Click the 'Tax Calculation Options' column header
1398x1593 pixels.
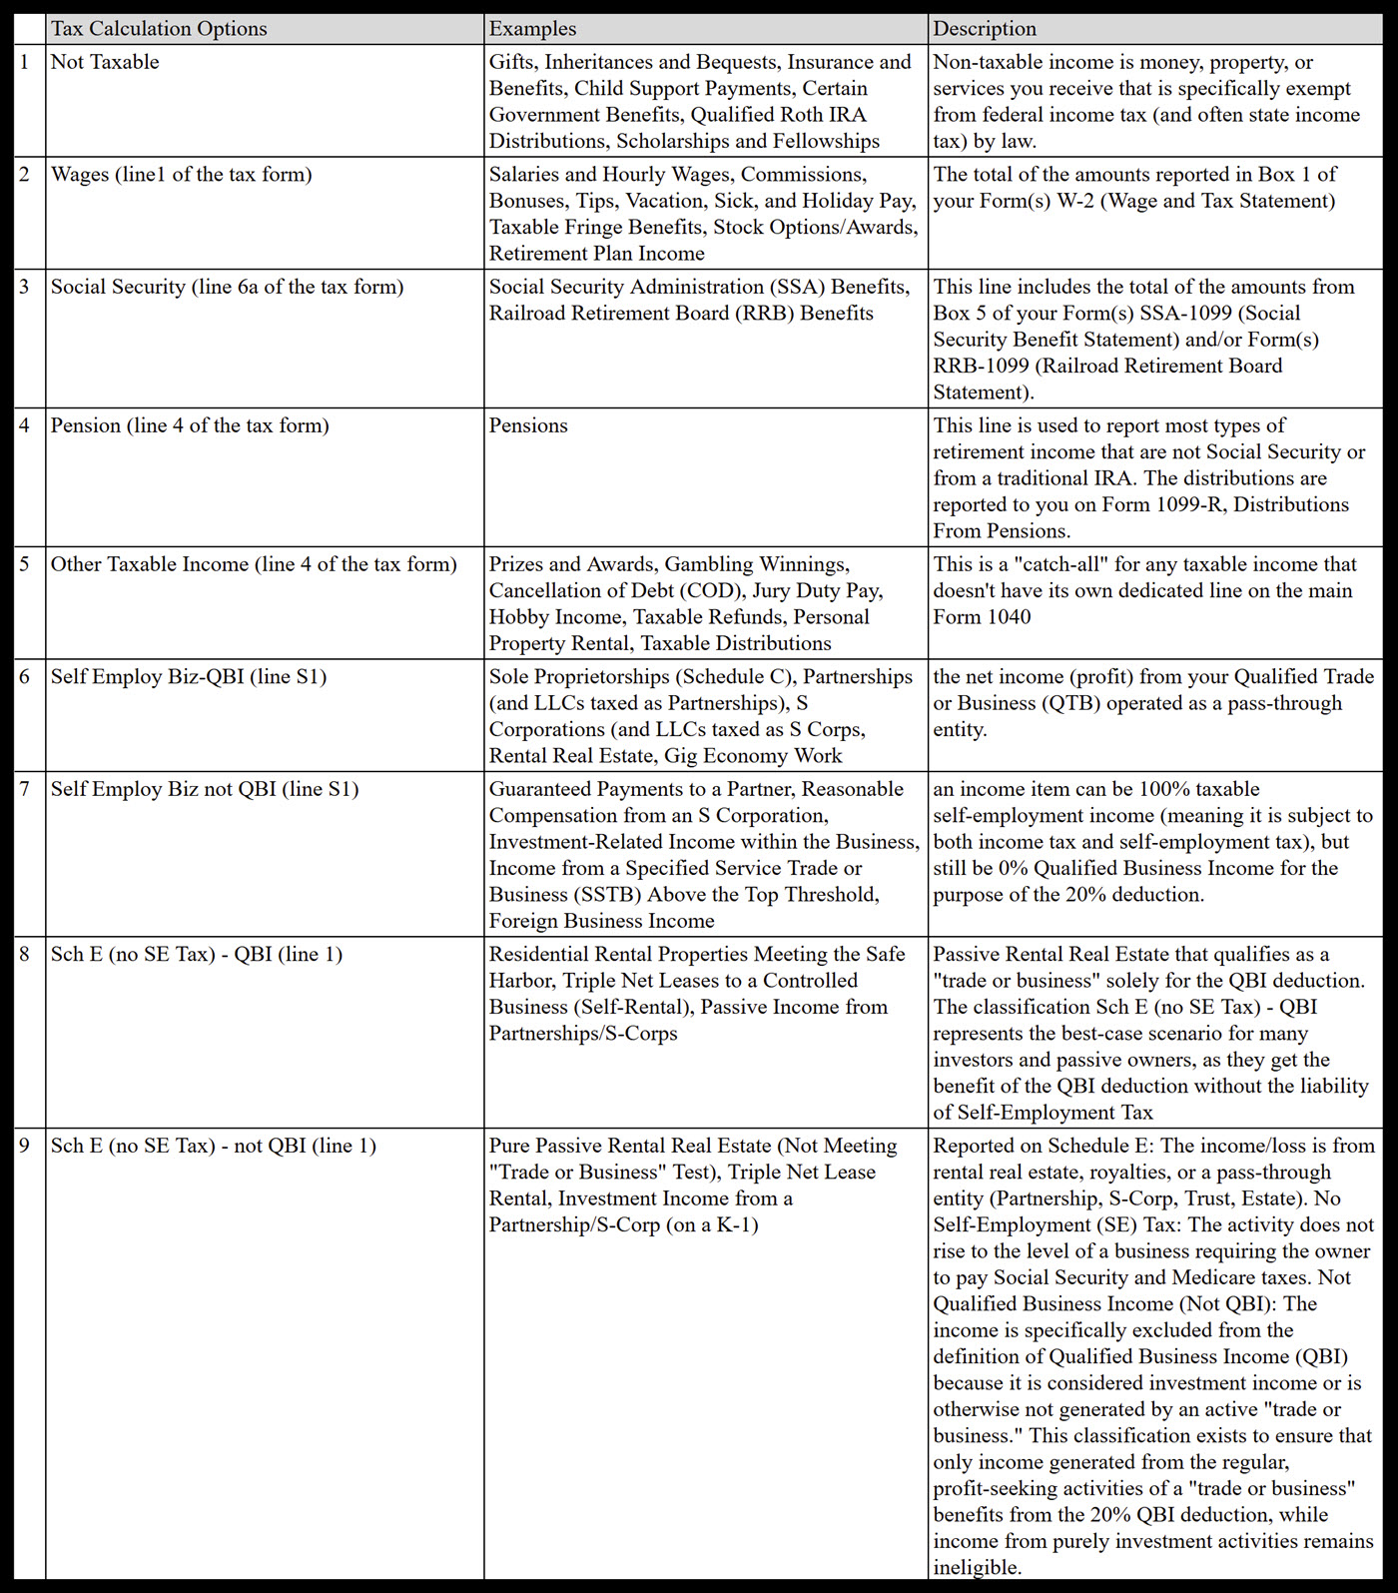(159, 28)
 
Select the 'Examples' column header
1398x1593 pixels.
(532, 28)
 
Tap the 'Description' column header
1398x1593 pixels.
(985, 28)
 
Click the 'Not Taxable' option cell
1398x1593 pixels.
(105, 62)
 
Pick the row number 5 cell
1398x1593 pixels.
(25, 564)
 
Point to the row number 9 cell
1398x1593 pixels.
(25, 1146)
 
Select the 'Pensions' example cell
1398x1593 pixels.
(528, 425)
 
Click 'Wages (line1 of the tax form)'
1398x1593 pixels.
(181, 175)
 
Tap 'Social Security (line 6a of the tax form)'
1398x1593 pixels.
(227, 288)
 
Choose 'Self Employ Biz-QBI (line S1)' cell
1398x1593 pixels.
(189, 677)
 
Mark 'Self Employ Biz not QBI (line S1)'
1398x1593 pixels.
(205, 789)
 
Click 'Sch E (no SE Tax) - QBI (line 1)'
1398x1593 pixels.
(197, 955)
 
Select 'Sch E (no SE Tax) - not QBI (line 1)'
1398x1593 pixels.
(214, 1146)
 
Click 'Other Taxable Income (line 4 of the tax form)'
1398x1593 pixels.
(254, 564)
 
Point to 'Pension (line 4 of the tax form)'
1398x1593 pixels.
(190, 425)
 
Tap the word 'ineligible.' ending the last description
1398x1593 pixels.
(977, 1567)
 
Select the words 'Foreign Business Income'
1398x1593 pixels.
(601, 921)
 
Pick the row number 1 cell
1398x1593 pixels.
(25, 62)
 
